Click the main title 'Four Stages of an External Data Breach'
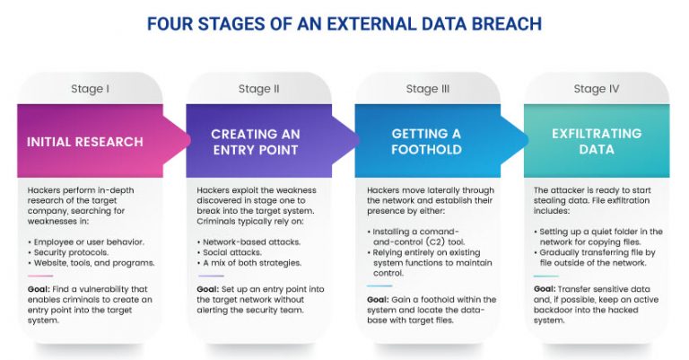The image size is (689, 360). [x=344, y=24]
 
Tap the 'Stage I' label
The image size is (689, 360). [x=90, y=89]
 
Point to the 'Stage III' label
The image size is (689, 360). [x=427, y=89]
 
